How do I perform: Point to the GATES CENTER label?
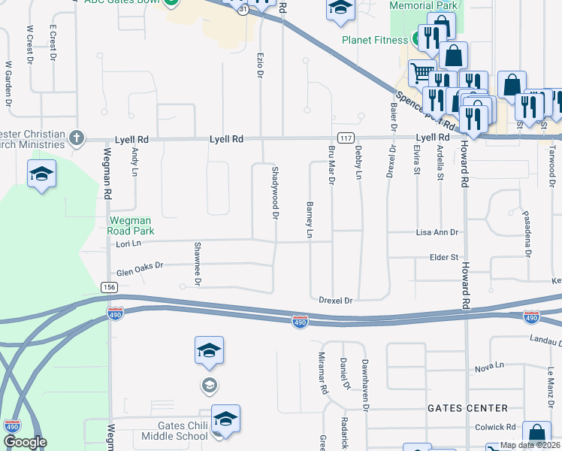pos(467,408)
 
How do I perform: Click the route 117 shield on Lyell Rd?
pos(346,138)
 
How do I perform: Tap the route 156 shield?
pos(109,287)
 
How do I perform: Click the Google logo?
pos(24,443)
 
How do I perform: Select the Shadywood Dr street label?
pos(275,193)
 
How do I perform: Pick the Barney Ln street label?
pos(309,219)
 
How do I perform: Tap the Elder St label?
pos(443,257)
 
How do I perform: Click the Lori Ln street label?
pos(128,244)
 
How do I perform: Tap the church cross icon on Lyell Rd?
pos(76,138)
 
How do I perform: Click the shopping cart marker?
pos(421,74)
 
